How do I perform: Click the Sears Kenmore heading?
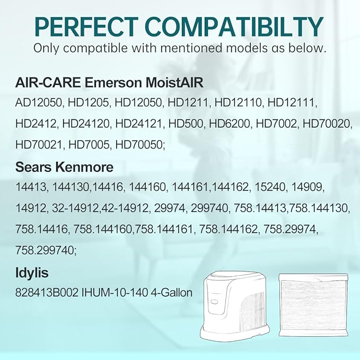[64, 168]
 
